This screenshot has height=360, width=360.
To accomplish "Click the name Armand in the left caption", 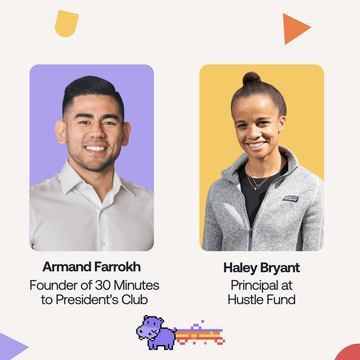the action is [67, 267].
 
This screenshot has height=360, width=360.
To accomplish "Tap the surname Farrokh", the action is [117, 267].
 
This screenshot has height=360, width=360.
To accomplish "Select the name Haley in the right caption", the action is [240, 268].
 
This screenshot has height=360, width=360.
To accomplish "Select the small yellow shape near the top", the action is [66, 23].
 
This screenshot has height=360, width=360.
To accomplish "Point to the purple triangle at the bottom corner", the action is [12, 346].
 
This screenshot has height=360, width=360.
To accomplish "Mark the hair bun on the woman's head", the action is [252, 78].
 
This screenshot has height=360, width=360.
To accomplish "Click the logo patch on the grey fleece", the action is [290, 199].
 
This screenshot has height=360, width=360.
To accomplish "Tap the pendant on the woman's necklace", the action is [257, 187].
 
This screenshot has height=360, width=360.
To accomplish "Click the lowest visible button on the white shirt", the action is [103, 243].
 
